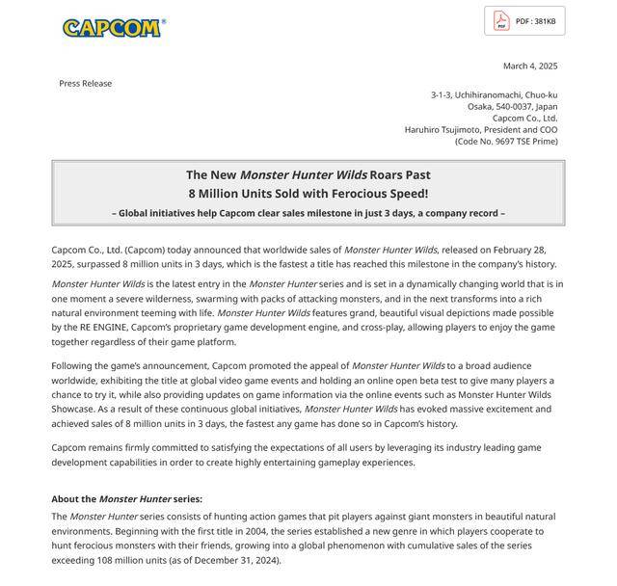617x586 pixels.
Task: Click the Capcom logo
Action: (x=113, y=27)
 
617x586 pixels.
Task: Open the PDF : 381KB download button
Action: (x=524, y=21)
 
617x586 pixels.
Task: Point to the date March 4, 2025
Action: (x=529, y=66)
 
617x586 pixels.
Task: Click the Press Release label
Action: (x=85, y=83)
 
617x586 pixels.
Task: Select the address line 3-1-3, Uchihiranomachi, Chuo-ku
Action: (x=494, y=94)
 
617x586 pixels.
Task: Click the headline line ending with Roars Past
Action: (x=308, y=174)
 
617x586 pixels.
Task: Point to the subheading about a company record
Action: (x=308, y=213)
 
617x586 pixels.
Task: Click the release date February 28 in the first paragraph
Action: (x=528, y=251)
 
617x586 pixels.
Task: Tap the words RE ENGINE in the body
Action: (x=99, y=327)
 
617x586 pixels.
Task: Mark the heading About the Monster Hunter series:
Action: (x=126, y=498)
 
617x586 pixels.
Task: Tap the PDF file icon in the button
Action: (x=501, y=21)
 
